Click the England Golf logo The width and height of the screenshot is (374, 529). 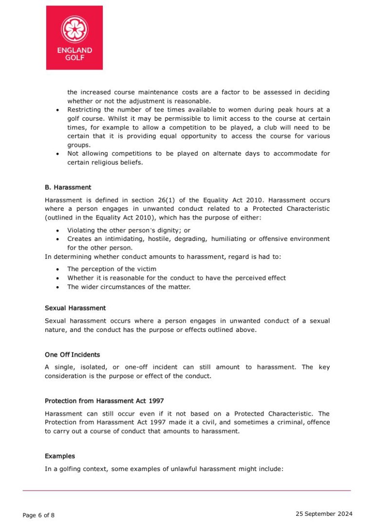click(74, 37)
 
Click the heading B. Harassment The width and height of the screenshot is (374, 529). click(68, 187)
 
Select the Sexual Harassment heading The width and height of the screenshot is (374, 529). click(75, 308)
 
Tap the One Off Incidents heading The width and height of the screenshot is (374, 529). click(72, 355)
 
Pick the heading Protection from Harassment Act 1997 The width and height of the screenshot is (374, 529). click(104, 401)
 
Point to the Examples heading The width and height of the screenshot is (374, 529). click(60, 456)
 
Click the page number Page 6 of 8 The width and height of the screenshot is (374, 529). click(38, 515)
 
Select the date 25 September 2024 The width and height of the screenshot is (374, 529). click(324, 514)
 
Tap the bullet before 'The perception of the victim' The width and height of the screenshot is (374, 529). click(58, 269)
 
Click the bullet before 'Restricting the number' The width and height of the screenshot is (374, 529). click(58, 110)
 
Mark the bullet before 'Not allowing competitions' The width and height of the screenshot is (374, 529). click(58, 154)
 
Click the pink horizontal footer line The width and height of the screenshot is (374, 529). click(187, 491)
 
